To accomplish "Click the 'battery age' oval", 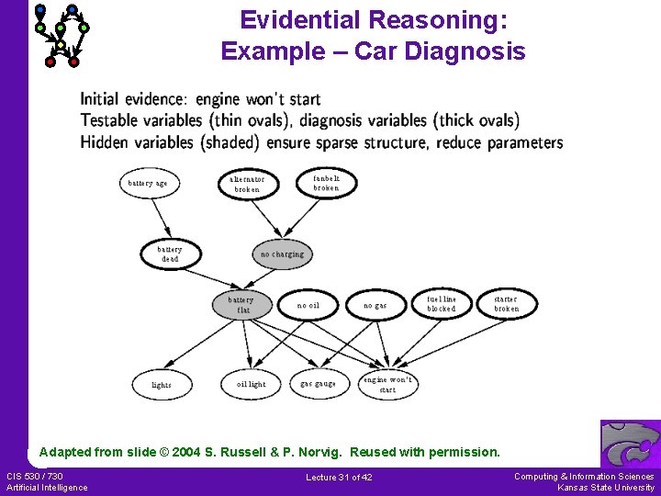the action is click(148, 183).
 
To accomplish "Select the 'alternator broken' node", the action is click(247, 184).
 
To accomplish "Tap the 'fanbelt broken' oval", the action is click(326, 183).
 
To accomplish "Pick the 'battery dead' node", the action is click(170, 254).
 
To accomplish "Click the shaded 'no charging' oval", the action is click(282, 254).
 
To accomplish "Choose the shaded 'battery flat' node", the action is click(241, 305).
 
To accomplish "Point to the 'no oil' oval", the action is click(308, 305).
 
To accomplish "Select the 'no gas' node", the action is click(375, 305).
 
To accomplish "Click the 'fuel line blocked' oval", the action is click(441, 304).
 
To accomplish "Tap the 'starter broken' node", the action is click(507, 304).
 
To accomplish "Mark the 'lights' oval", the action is click(162, 385).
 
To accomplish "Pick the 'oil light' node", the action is click(251, 384).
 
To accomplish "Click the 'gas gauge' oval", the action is click(319, 384).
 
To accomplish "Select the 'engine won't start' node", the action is click(388, 385).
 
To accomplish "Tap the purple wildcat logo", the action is click(630, 444).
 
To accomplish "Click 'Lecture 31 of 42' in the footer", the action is click(339, 478).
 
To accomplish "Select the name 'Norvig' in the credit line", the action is click(321, 452).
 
